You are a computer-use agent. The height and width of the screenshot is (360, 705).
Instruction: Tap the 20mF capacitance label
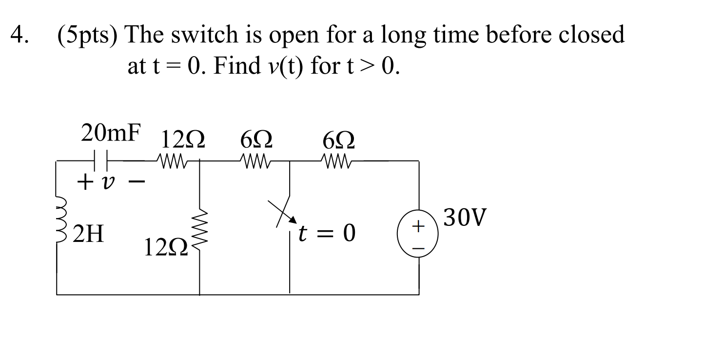[112, 133]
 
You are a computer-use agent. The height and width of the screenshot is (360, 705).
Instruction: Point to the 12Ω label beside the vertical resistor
[163, 249]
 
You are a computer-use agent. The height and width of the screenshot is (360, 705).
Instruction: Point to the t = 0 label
[328, 235]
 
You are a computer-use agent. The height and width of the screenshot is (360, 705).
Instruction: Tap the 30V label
[466, 219]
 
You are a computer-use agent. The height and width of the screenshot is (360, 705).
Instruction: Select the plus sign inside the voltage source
[418, 227]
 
